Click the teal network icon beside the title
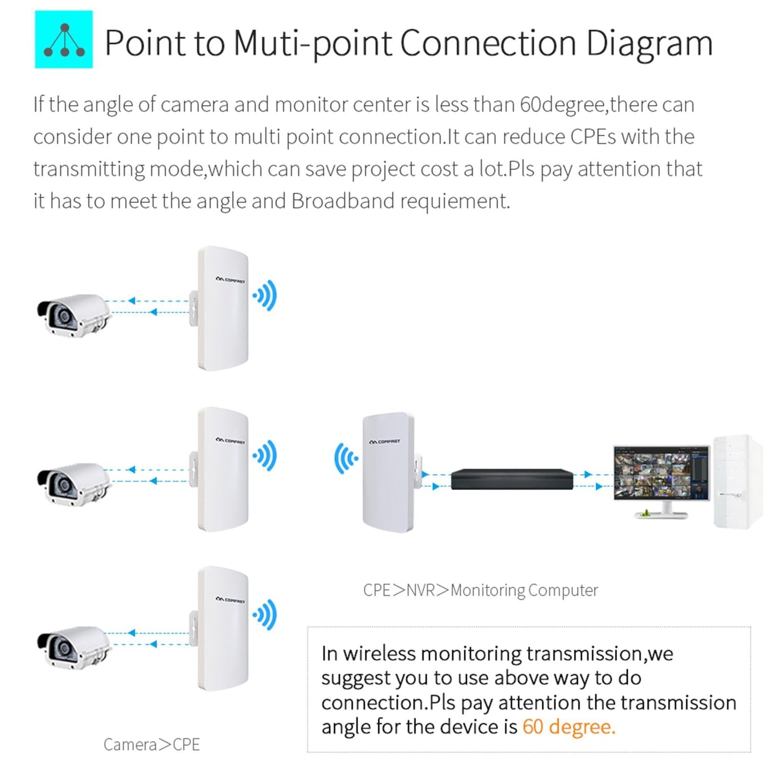coord(64,40)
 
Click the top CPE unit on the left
coord(222,309)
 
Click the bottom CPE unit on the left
coord(222,629)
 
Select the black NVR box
coord(511,479)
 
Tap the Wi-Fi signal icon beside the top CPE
coord(266,295)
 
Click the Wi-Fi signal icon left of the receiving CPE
coord(346,458)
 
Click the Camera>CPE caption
coord(152,744)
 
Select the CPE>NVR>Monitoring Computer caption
coord(480,590)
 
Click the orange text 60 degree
coord(568,727)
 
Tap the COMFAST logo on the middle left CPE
coord(230,441)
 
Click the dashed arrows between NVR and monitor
coord(592,480)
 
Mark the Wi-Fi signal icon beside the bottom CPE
coord(266,615)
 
